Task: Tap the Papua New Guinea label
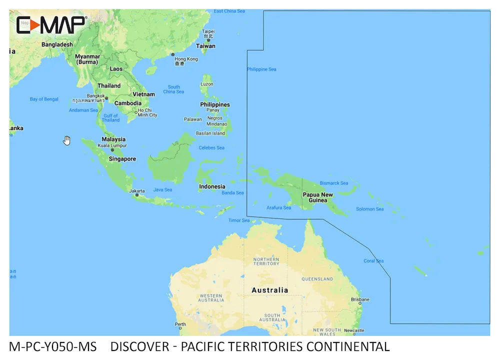click(x=317, y=197)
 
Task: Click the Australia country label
click(x=269, y=290)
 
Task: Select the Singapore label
click(x=122, y=159)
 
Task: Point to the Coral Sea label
click(x=373, y=261)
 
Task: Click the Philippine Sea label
click(x=261, y=69)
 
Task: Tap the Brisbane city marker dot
click(x=359, y=303)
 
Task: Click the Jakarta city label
click(x=137, y=190)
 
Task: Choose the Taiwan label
click(x=205, y=46)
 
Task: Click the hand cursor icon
click(x=66, y=140)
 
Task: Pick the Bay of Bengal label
click(x=44, y=99)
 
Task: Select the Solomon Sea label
click(x=369, y=209)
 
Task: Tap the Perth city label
click(x=180, y=324)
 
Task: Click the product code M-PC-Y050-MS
click(x=52, y=346)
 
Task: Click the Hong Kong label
click(x=186, y=59)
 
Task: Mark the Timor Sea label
click(x=239, y=220)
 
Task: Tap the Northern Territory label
click(x=266, y=261)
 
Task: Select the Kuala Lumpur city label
click(x=112, y=145)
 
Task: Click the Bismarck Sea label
click(x=333, y=183)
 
